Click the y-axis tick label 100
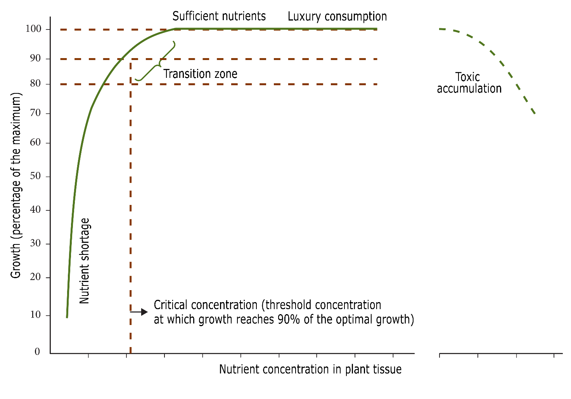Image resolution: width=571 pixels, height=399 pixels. [x=33, y=29]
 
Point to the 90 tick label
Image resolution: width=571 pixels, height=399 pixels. [x=36, y=58]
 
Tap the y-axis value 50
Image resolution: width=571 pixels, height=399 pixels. [x=36, y=176]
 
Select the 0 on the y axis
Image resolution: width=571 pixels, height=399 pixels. [x=37, y=352]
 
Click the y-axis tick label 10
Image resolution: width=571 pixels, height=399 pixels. [x=36, y=315]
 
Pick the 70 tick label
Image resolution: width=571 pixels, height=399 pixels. [x=36, y=114]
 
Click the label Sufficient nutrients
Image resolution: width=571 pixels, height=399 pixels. [x=219, y=16]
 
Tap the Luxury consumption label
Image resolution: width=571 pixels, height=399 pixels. [x=337, y=17]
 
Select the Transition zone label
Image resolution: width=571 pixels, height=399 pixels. [x=200, y=74]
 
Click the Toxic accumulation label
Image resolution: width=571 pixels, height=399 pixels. [x=469, y=83]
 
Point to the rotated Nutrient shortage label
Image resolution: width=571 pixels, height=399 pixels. [x=85, y=261]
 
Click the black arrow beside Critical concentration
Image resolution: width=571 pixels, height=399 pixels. [x=139, y=311]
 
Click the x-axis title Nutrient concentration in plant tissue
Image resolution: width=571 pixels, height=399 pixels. [x=310, y=369]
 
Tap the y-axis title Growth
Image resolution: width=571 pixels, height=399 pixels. [x=16, y=186]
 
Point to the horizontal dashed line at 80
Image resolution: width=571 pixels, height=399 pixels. [x=252, y=84]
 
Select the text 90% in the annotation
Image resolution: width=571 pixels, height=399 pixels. [x=289, y=320]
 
